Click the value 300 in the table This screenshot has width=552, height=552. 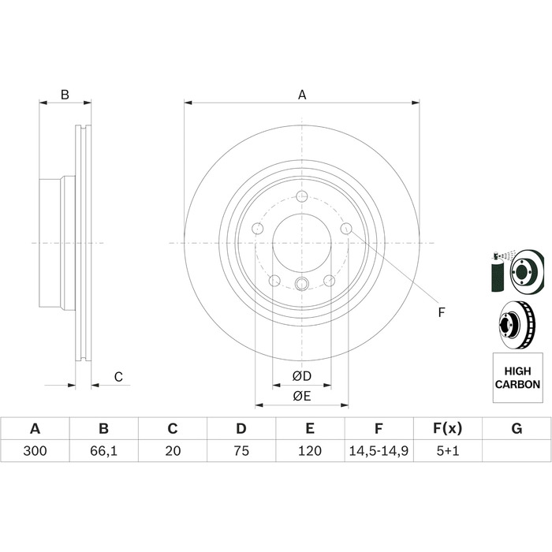(x=35, y=450)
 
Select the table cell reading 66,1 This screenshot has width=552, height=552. (x=103, y=451)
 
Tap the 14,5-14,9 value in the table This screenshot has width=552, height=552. (x=379, y=451)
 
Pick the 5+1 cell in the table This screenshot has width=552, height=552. (x=448, y=450)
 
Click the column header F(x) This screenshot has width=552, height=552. (x=447, y=428)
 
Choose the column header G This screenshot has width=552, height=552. (x=517, y=428)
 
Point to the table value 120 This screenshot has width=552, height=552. (x=310, y=450)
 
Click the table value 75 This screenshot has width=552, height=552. (x=241, y=450)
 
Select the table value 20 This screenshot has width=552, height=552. (x=173, y=450)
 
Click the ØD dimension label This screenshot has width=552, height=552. (x=302, y=376)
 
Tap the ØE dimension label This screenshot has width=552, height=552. (x=302, y=397)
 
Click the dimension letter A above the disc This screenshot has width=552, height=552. (x=302, y=95)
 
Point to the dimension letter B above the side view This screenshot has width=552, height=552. (x=65, y=95)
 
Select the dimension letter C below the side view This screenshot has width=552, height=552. (x=118, y=377)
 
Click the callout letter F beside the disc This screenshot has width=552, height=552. (x=442, y=312)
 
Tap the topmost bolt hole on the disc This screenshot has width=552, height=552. (x=302, y=196)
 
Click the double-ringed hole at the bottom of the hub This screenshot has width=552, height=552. (x=302, y=283)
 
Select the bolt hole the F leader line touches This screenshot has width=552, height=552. (x=346, y=229)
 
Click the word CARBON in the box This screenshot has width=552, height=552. (x=517, y=384)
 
